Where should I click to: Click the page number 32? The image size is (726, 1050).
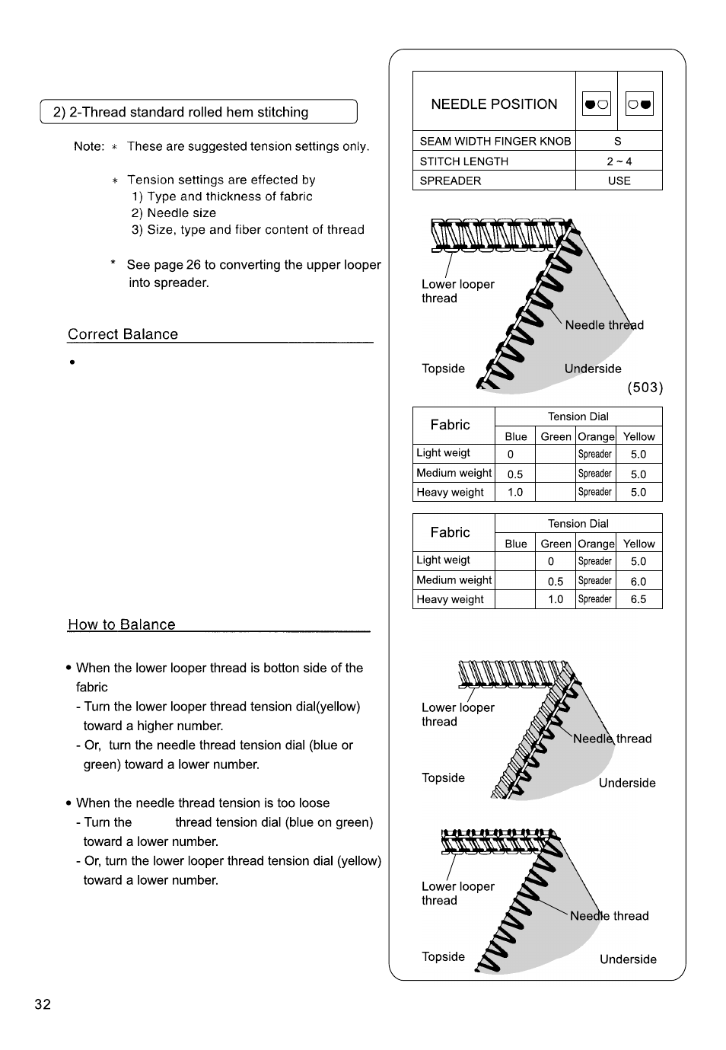pyautogui.click(x=43, y=1004)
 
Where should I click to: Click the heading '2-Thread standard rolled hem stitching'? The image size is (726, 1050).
pyautogui.click(x=189, y=112)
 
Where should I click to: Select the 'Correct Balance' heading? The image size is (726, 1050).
pyautogui.click(x=123, y=334)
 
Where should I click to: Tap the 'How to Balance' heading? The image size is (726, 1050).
pyautogui.click(x=121, y=624)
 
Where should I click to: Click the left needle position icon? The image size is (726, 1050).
pyautogui.click(x=597, y=104)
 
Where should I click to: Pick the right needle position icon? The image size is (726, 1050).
pyautogui.click(x=639, y=104)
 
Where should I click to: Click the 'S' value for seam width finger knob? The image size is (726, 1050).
pyautogui.click(x=618, y=141)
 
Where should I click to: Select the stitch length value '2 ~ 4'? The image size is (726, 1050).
pyautogui.click(x=619, y=161)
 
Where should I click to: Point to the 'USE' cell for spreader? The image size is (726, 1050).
pyautogui.click(x=619, y=181)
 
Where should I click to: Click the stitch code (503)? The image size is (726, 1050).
pyautogui.click(x=645, y=388)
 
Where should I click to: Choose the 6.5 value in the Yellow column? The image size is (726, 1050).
pyautogui.click(x=638, y=599)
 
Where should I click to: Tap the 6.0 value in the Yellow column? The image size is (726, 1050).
pyautogui.click(x=638, y=581)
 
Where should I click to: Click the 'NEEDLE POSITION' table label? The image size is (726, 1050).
pyautogui.click(x=494, y=104)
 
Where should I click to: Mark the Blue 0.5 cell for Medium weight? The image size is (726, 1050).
pyautogui.click(x=515, y=474)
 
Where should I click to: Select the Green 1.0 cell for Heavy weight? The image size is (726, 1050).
pyautogui.click(x=556, y=599)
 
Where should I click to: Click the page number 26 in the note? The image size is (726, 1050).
pyautogui.click(x=193, y=264)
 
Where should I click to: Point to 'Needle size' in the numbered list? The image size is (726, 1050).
pyautogui.click(x=182, y=212)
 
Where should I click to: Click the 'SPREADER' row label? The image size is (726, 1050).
pyautogui.click(x=450, y=181)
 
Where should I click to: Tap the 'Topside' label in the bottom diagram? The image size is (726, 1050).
pyautogui.click(x=443, y=956)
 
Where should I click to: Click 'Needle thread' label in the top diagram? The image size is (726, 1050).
pyautogui.click(x=604, y=325)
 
